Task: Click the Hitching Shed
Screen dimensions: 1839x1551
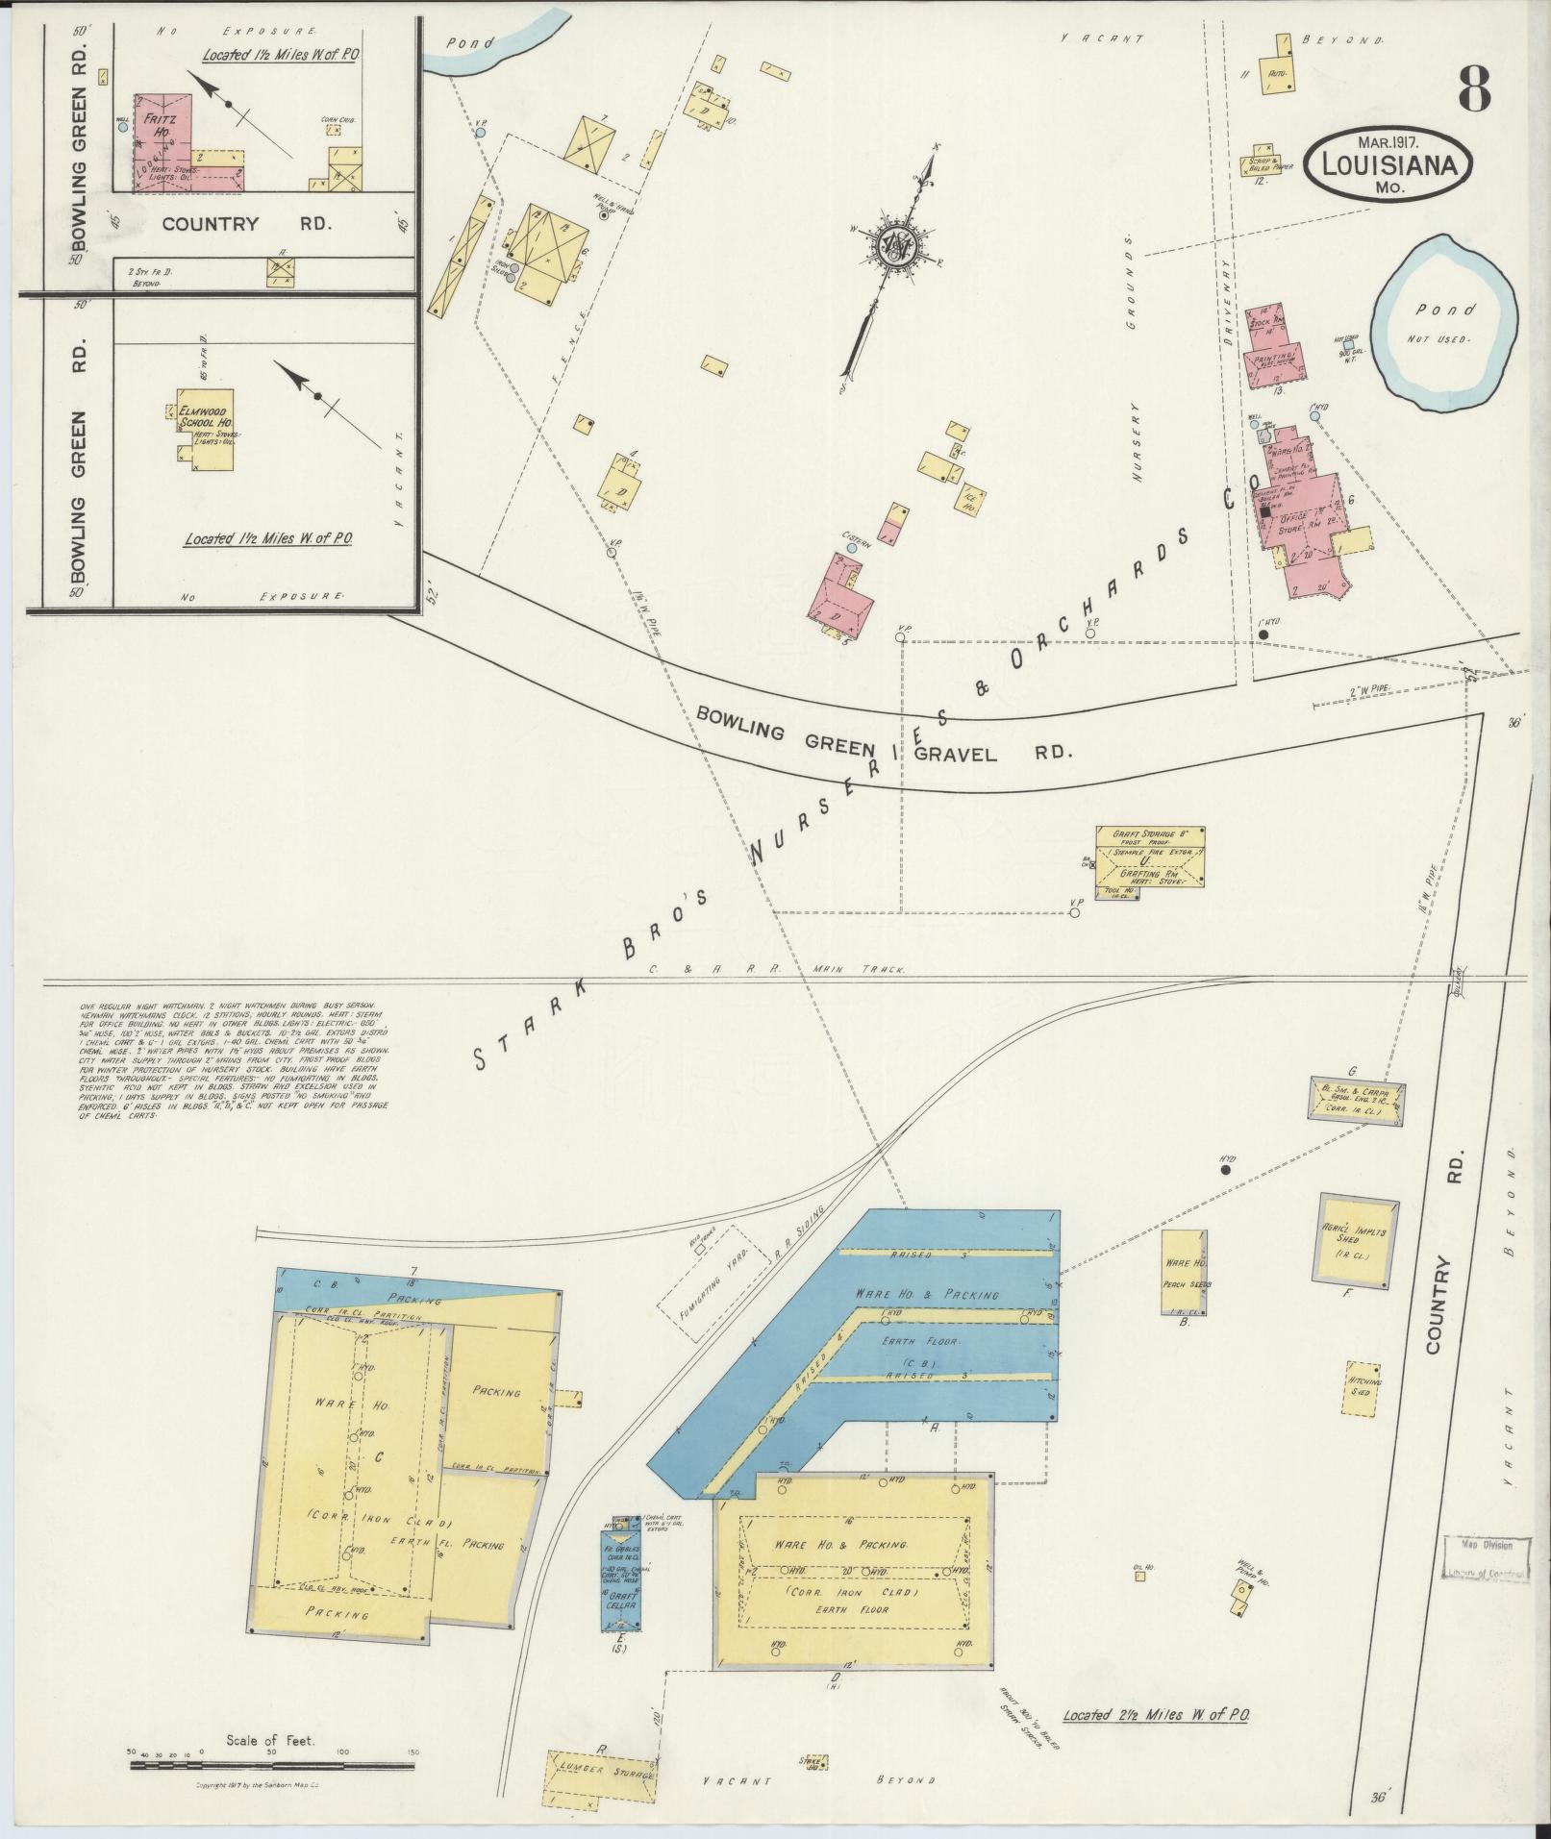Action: (1363, 1386)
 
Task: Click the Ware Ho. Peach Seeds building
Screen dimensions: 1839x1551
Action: (1184, 1271)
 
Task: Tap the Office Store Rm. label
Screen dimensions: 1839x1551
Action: (1297, 521)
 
